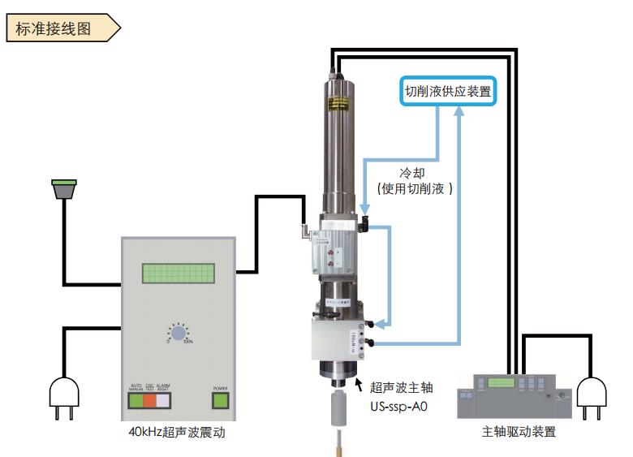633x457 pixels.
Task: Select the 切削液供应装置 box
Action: click(x=449, y=92)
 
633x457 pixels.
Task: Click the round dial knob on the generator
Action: click(x=178, y=334)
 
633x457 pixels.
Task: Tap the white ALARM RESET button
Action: click(x=164, y=400)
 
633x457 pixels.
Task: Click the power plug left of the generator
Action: click(x=64, y=399)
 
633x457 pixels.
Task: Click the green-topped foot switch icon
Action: click(x=63, y=188)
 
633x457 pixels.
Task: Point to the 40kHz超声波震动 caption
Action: click(x=178, y=433)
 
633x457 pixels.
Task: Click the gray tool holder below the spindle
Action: click(x=339, y=415)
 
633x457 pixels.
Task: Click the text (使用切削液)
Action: click(x=415, y=188)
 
